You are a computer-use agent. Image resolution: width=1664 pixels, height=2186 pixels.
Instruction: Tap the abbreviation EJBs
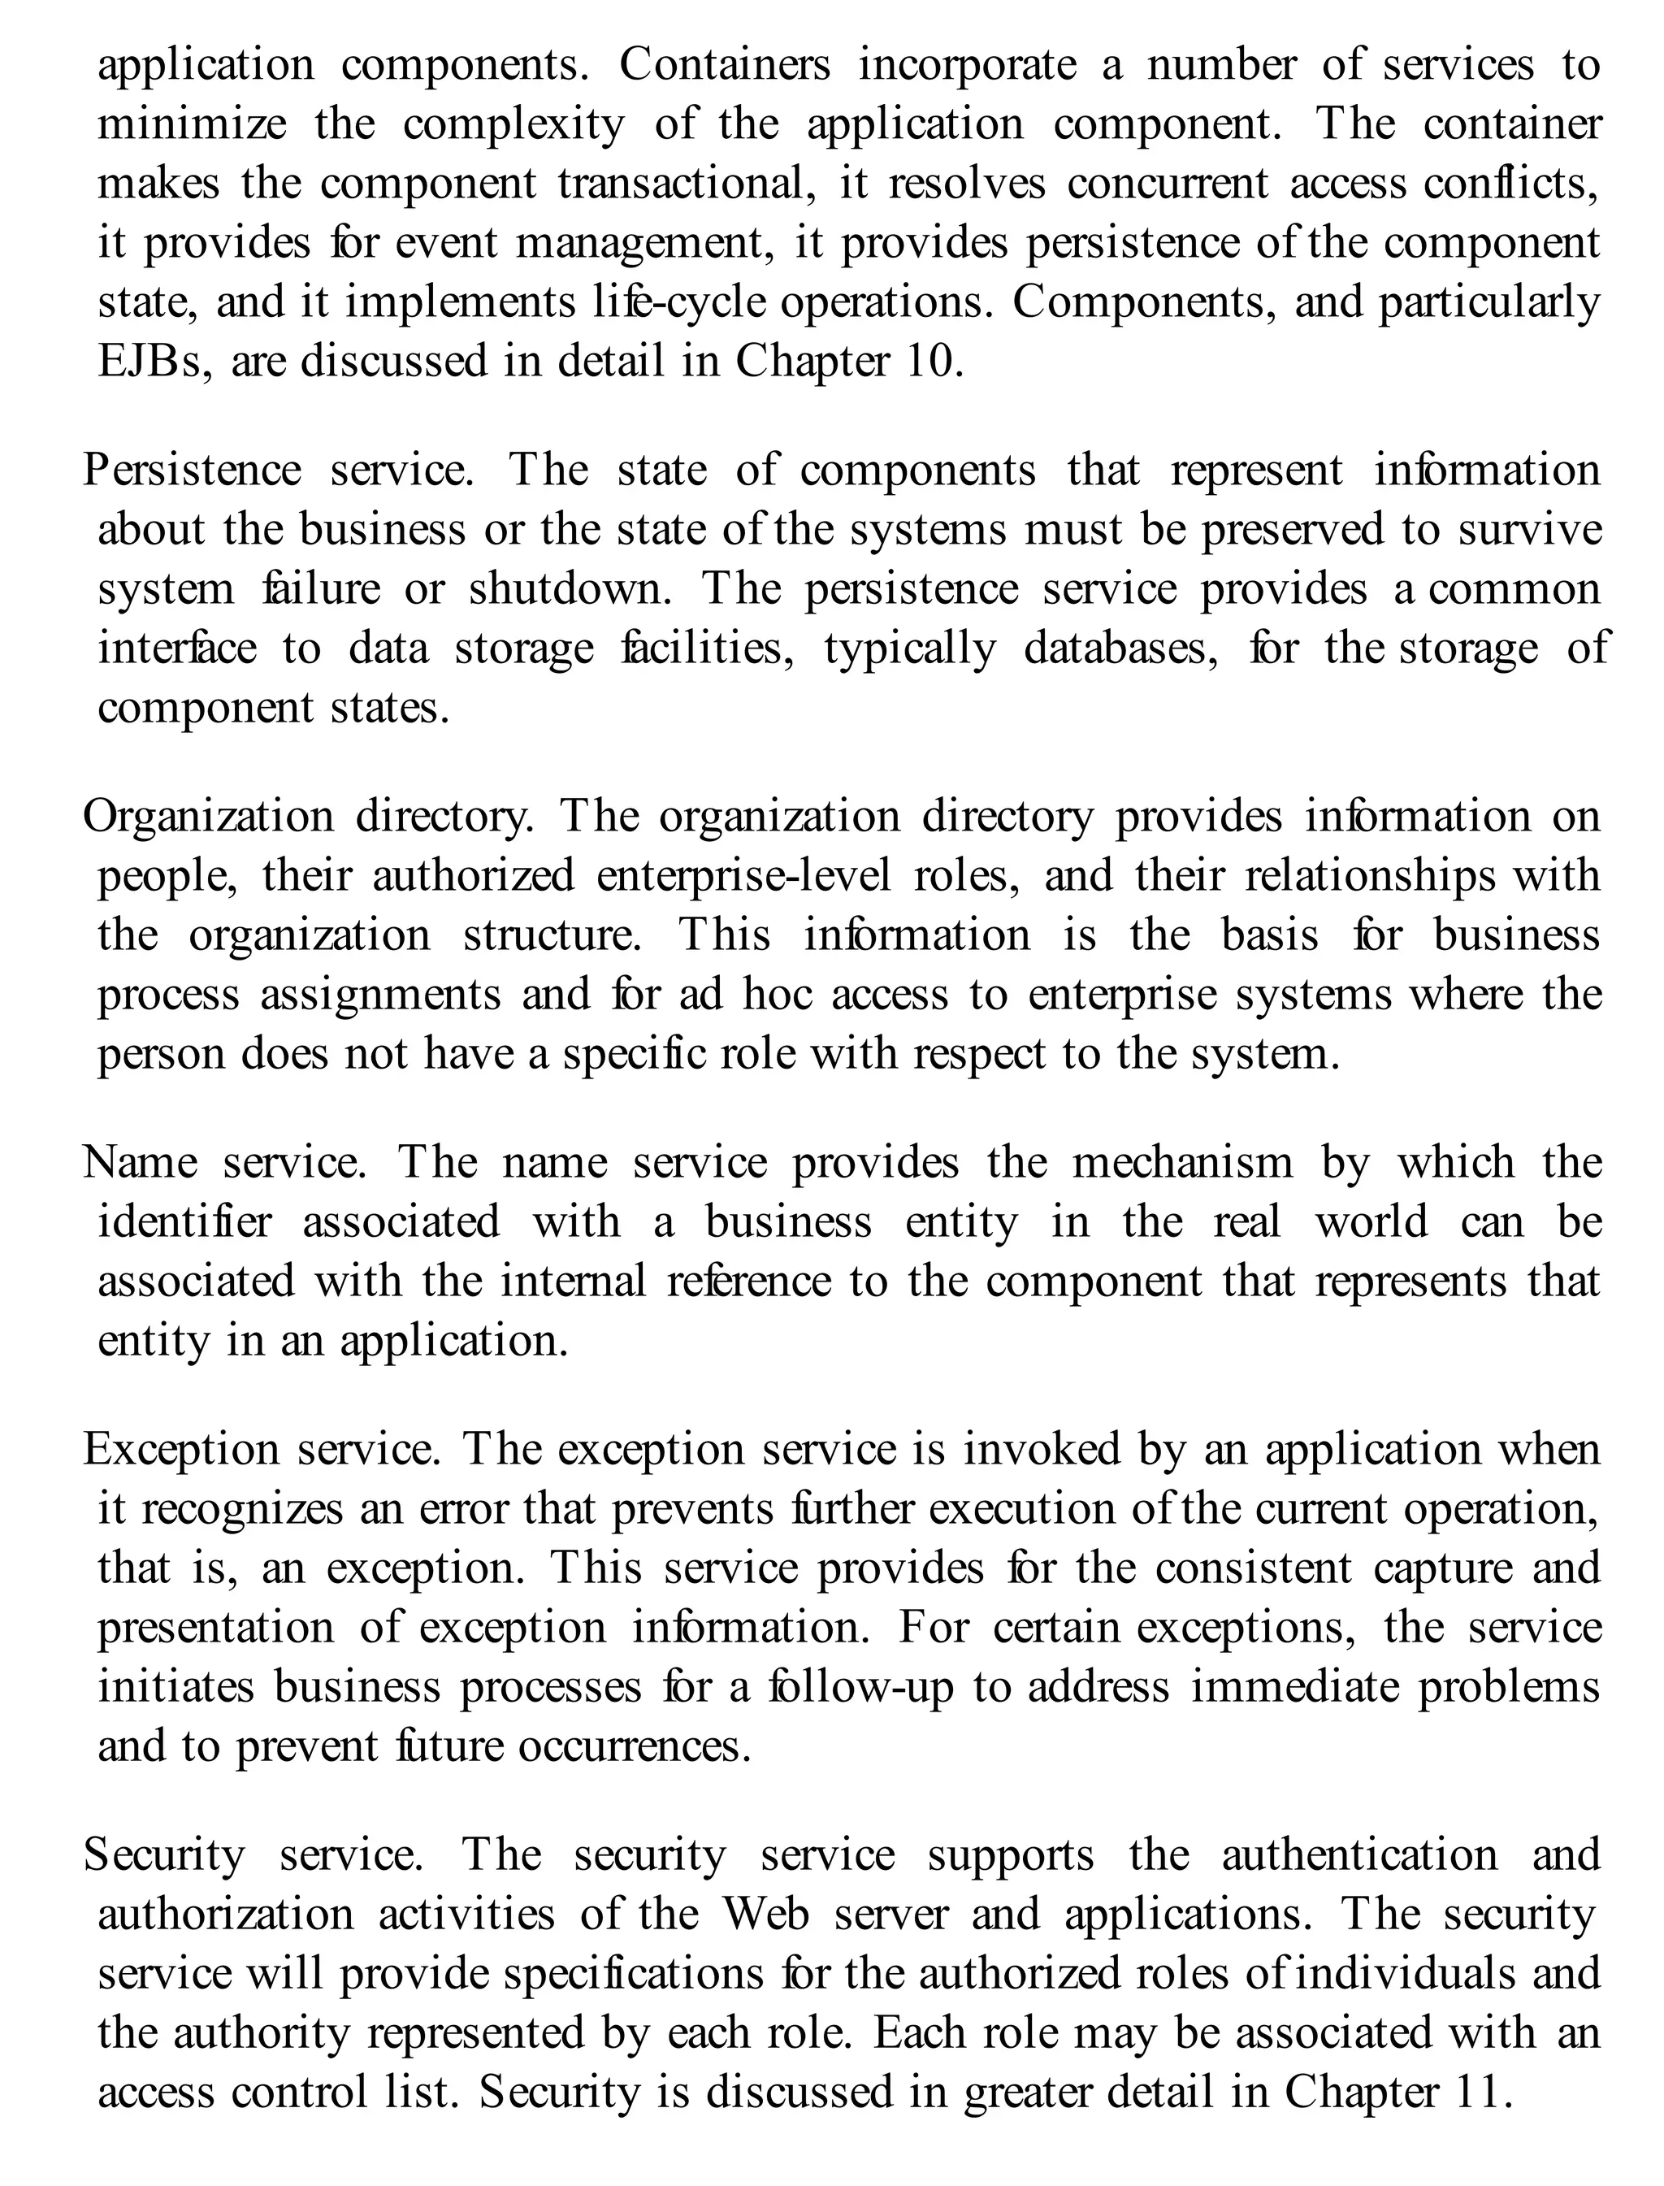click(154, 362)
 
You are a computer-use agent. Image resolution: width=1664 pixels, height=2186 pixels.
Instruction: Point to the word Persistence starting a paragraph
click(192, 471)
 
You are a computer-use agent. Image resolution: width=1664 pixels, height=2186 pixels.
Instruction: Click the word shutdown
click(570, 589)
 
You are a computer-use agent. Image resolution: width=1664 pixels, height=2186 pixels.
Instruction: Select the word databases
click(1120, 648)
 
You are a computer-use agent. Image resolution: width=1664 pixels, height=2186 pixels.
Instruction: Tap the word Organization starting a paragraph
click(209, 818)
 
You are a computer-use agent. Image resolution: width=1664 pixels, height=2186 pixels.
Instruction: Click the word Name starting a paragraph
click(140, 1163)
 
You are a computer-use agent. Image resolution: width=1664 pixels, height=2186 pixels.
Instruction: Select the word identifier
click(184, 1222)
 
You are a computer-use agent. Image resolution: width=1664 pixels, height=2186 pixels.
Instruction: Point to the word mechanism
click(1183, 1163)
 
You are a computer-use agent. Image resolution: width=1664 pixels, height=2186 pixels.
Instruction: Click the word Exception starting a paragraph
click(181, 1450)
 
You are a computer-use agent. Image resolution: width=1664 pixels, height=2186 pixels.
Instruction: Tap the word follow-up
click(860, 1688)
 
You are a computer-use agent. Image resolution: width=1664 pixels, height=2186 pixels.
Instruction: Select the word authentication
click(1359, 1855)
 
